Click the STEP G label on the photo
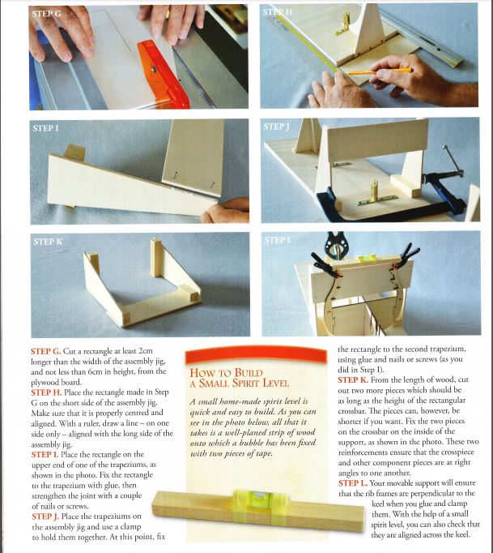click(x=46, y=14)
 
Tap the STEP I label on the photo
click(x=45, y=128)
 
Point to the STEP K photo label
click(x=48, y=242)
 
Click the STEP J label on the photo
click(x=276, y=126)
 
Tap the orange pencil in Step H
click(x=379, y=71)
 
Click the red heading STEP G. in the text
click(x=46, y=351)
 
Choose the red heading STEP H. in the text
click(x=46, y=392)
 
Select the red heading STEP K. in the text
click(x=353, y=379)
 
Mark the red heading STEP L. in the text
click(x=353, y=483)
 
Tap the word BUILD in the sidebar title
click(x=249, y=373)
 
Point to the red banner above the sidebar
click(x=256, y=355)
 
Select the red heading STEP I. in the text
click(x=45, y=455)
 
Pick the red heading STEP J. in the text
click(x=45, y=517)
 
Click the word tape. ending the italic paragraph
click(x=263, y=453)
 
